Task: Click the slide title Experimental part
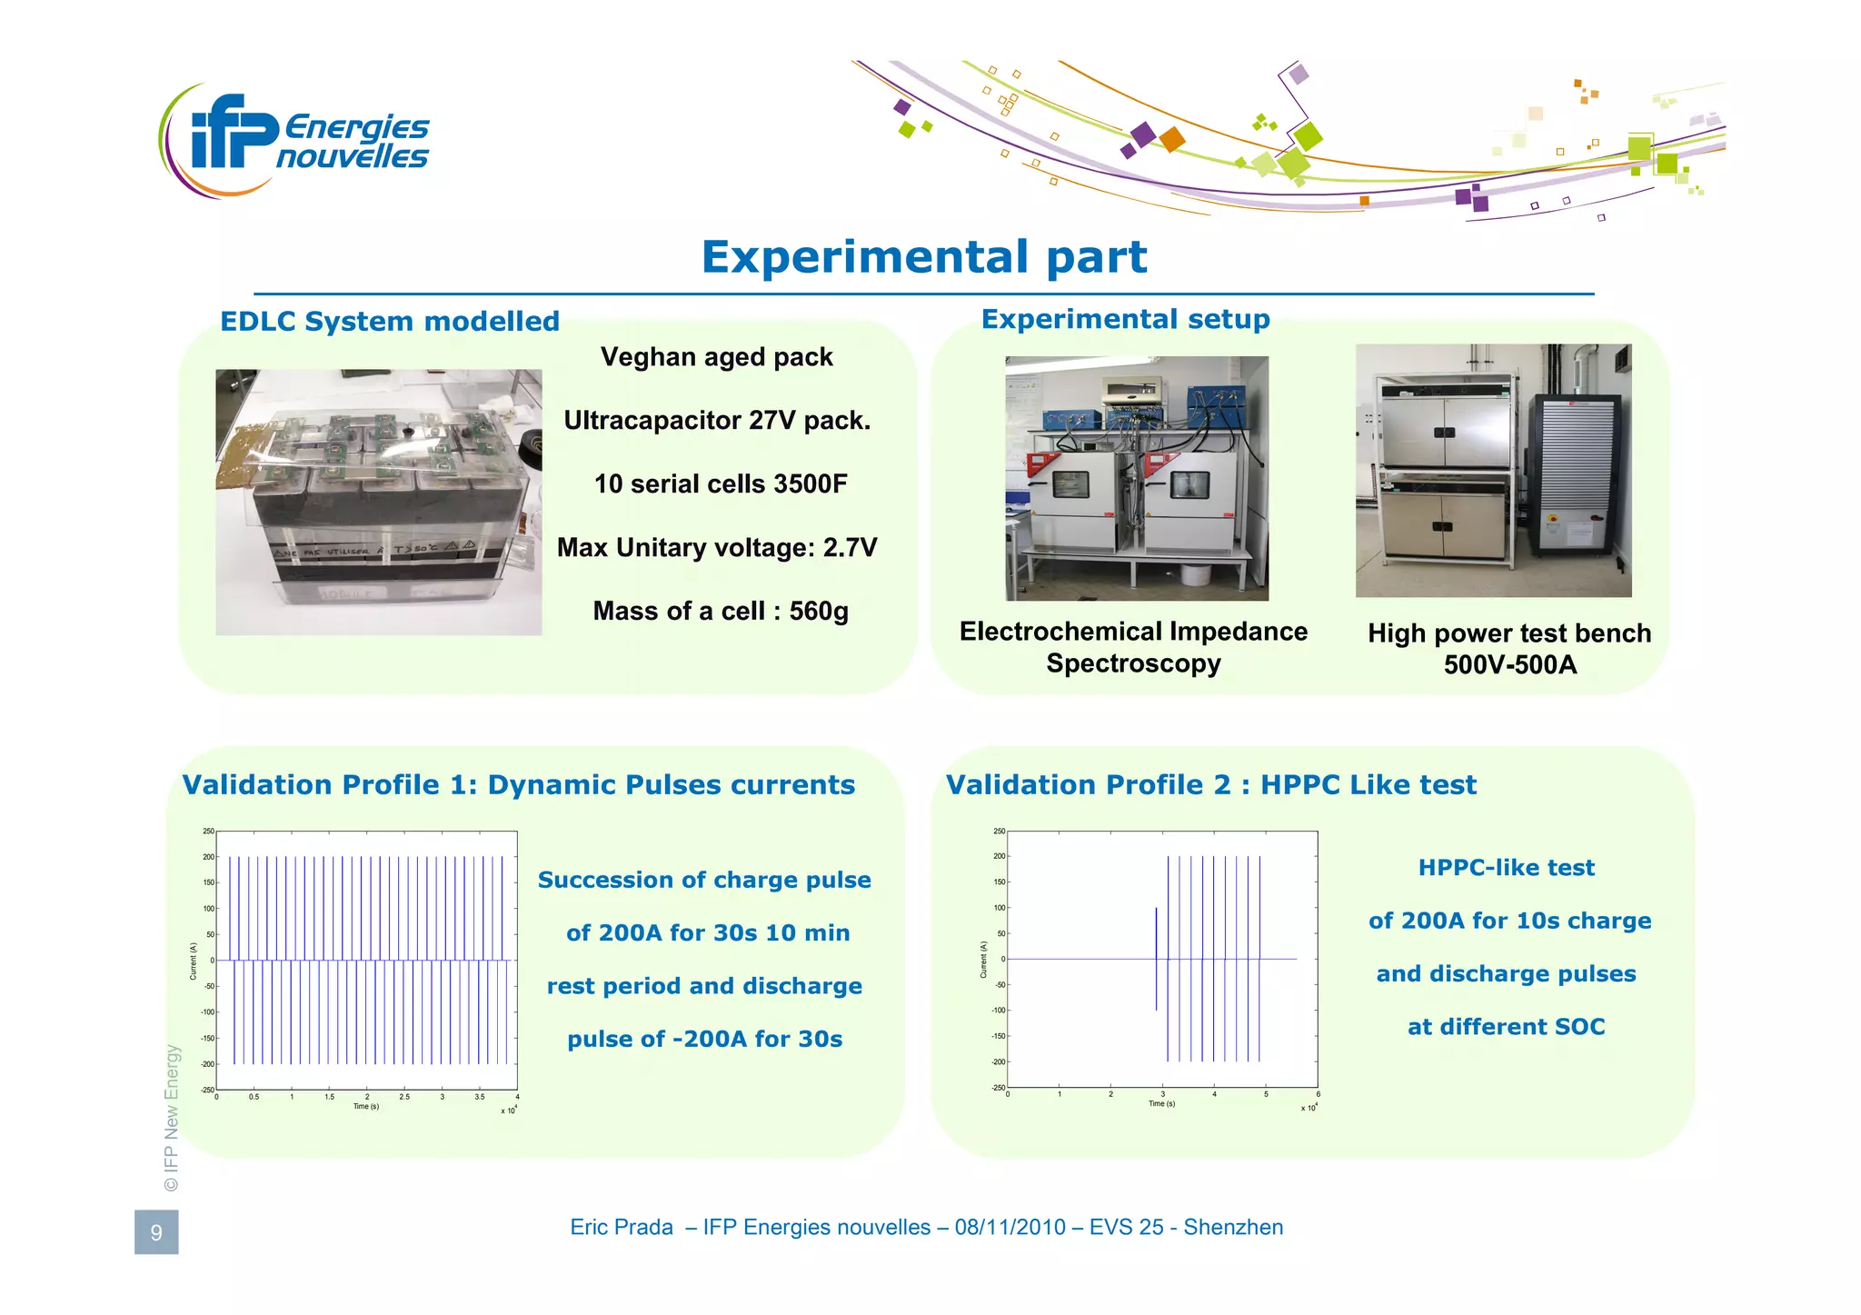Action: (x=923, y=257)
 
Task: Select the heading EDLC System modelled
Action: (x=389, y=322)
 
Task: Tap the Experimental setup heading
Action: (x=1125, y=319)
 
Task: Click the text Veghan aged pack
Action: (x=716, y=357)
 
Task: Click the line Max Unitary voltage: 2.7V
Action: (x=716, y=548)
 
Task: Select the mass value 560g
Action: (x=818, y=612)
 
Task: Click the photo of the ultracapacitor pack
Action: (x=378, y=502)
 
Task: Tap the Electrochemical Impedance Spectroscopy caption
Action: (x=1133, y=647)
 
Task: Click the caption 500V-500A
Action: (x=1509, y=665)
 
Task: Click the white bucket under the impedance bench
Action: (x=1196, y=574)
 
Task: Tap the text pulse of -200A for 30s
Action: (x=704, y=1040)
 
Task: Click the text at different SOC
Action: (x=1506, y=1027)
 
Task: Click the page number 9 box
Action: (x=156, y=1232)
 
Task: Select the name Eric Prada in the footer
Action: (x=622, y=1228)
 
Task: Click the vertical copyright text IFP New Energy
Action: (x=172, y=1118)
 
